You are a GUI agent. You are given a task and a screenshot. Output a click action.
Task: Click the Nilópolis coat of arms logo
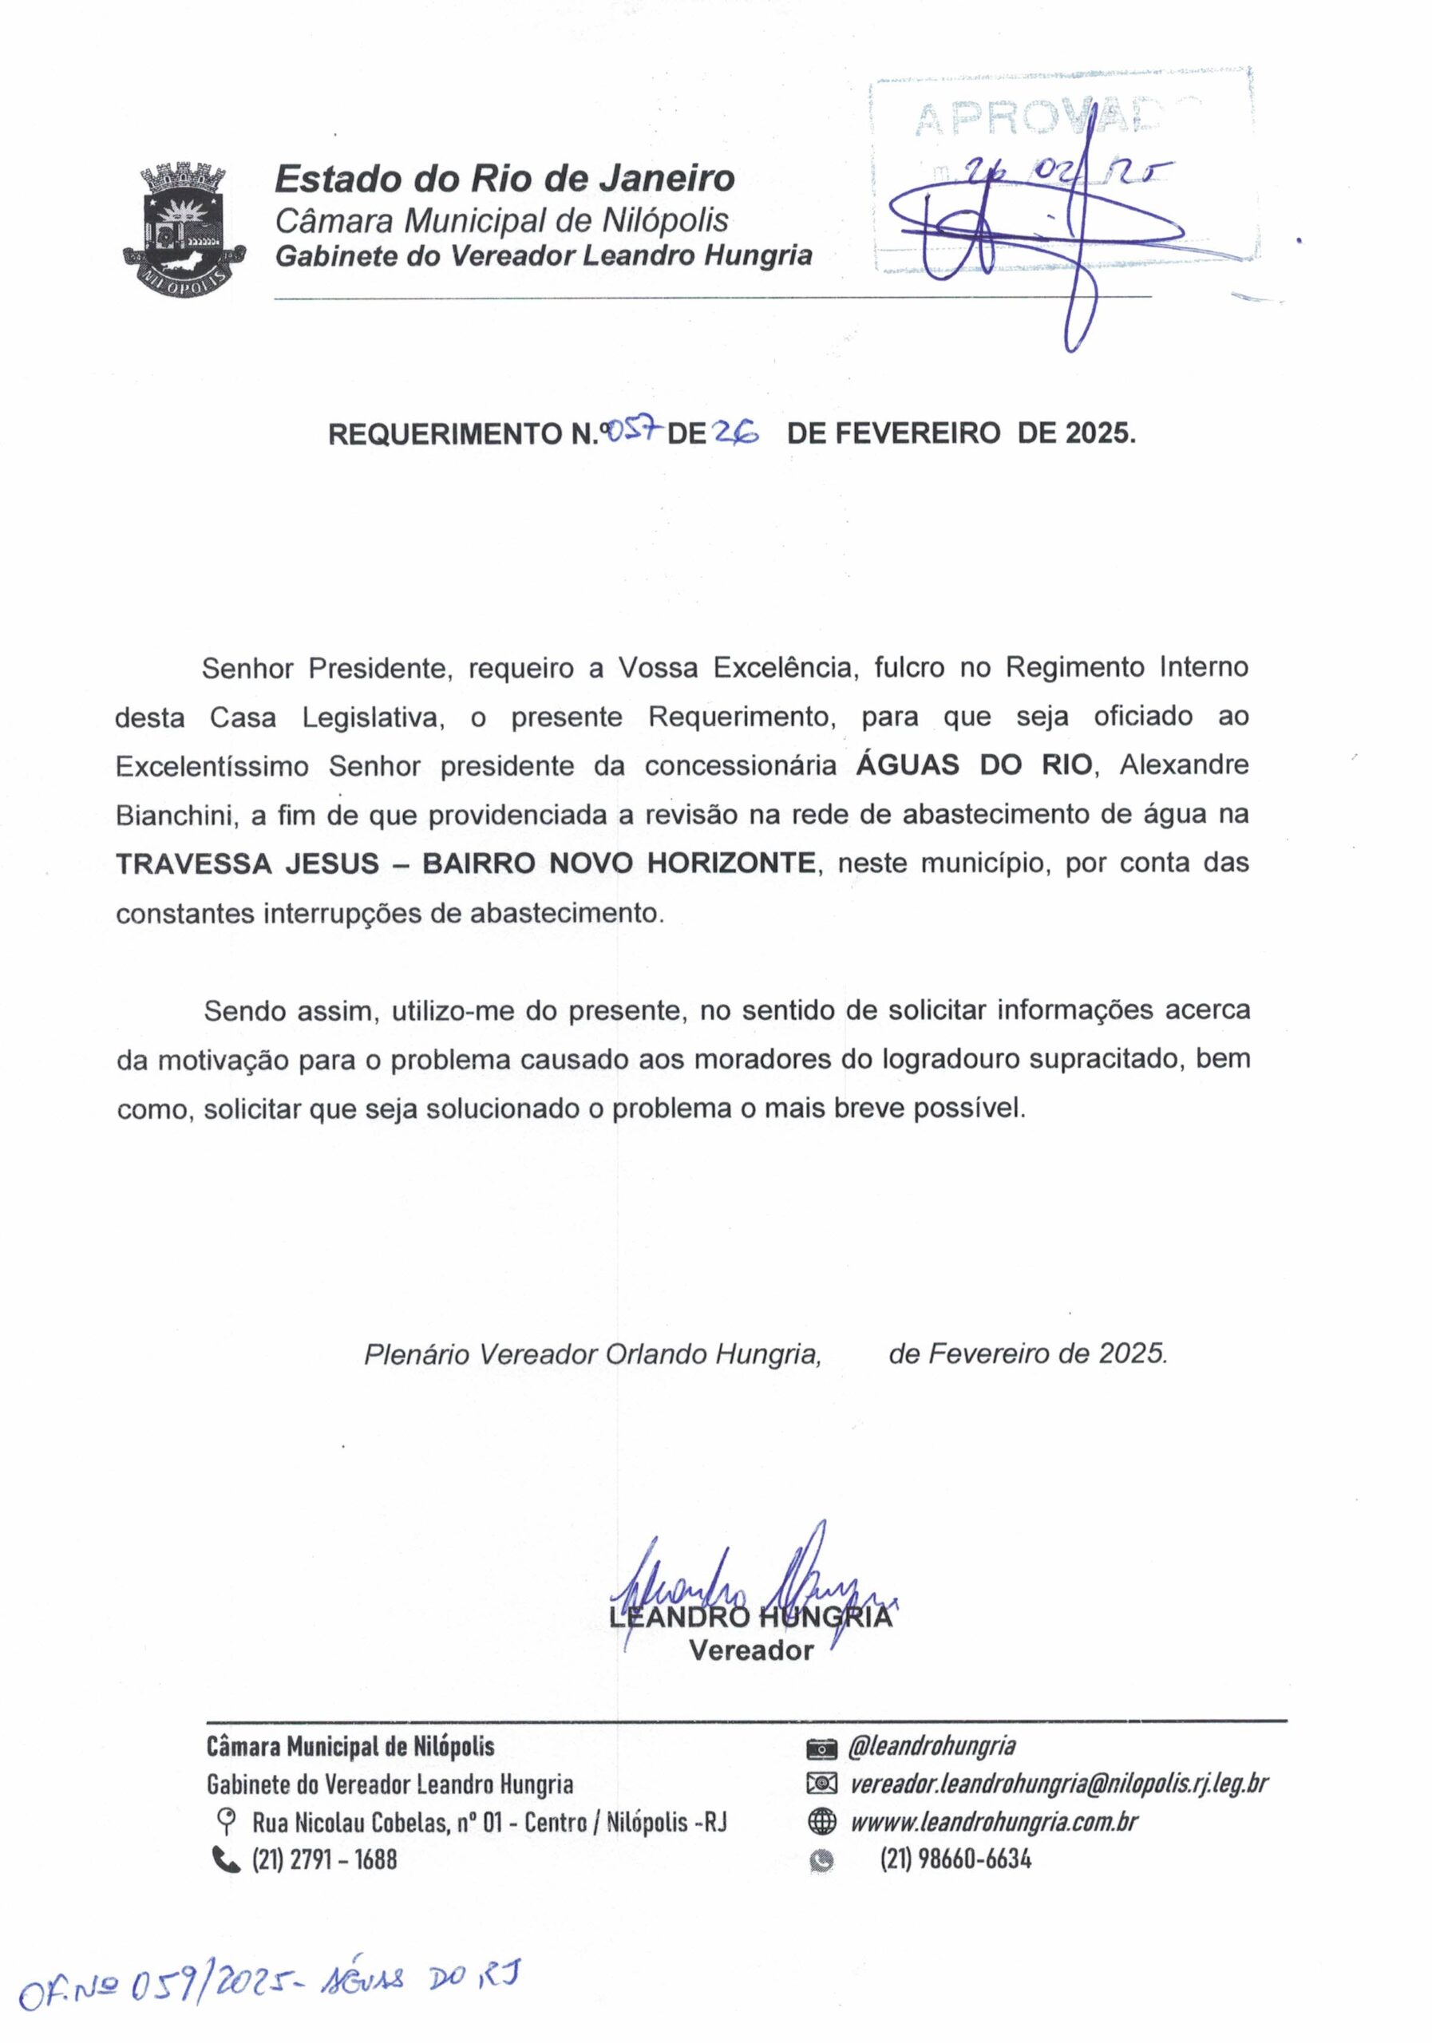point(184,229)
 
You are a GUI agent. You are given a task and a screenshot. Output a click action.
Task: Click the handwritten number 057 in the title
point(633,432)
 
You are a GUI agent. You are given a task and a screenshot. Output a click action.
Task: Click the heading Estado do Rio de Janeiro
point(504,179)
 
